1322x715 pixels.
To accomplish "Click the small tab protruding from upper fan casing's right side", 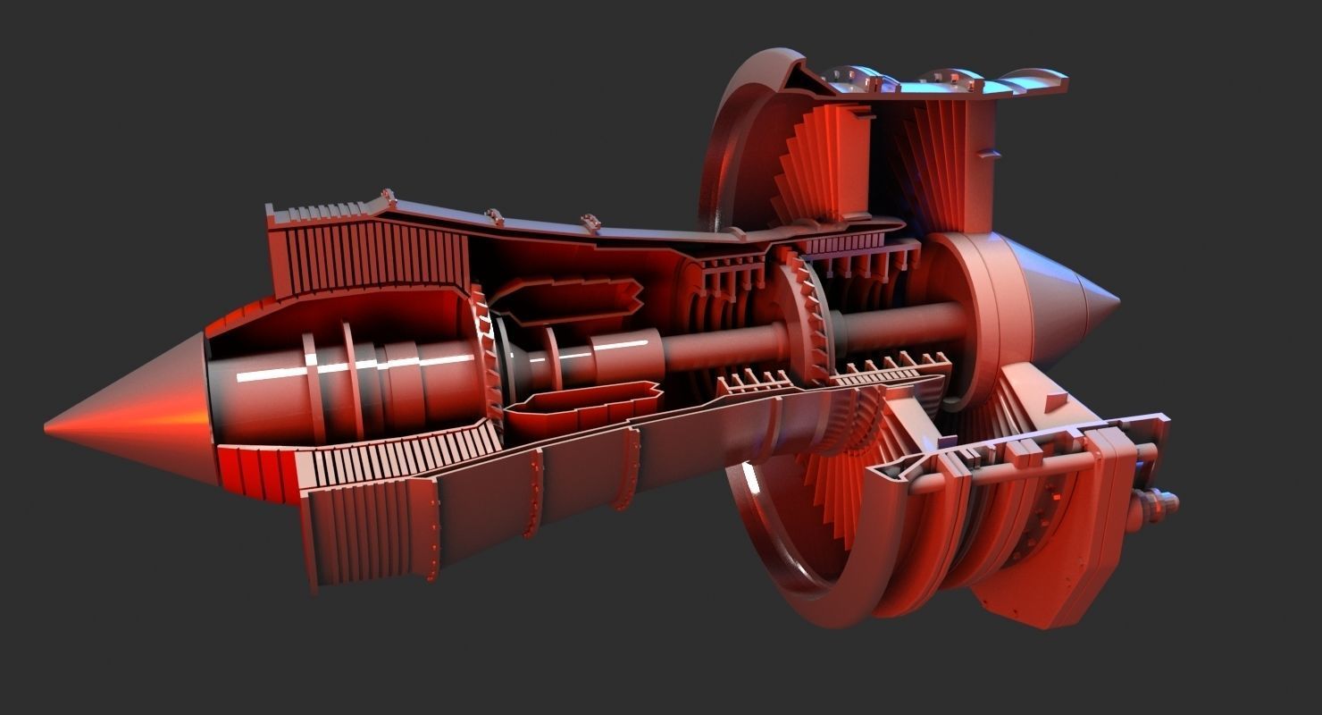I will [988, 153].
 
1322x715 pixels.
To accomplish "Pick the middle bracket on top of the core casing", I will [494, 215].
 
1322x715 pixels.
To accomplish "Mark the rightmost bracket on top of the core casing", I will [590, 220].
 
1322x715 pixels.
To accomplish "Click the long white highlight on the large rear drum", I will [357, 366].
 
